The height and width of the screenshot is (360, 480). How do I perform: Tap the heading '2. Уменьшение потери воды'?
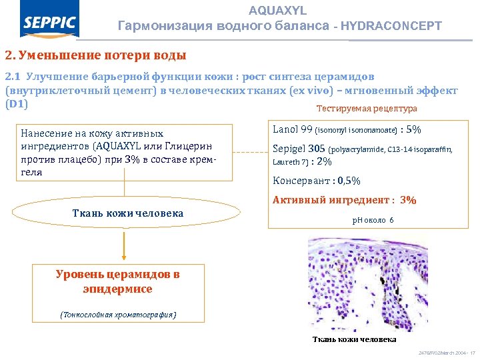95,55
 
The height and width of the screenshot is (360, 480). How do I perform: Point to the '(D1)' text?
16,105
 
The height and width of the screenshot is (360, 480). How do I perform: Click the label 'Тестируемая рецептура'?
367,108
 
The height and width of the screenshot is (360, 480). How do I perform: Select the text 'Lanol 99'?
292,129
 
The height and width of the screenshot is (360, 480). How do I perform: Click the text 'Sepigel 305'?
298,149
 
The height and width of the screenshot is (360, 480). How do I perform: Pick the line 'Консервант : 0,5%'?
317,181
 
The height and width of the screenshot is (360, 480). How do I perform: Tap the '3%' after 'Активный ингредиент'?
408,199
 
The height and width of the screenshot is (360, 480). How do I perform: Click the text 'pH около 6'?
373,220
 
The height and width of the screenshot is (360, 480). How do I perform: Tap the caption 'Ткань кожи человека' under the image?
354,339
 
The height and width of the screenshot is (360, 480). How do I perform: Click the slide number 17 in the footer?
472,352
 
